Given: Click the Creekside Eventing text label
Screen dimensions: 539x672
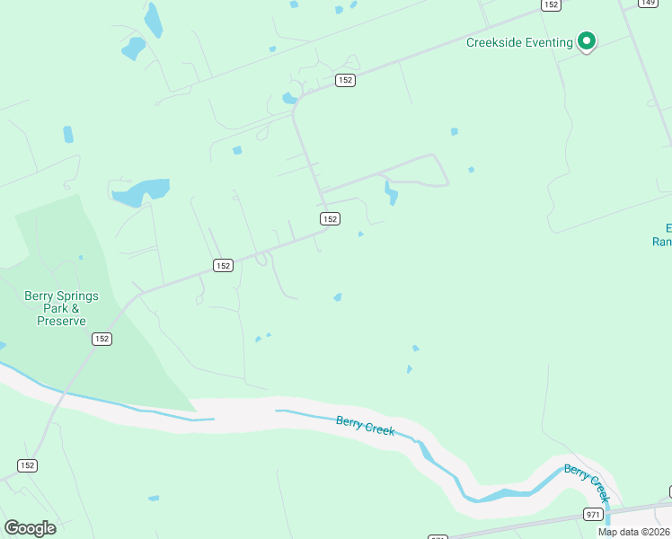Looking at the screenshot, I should [x=519, y=42].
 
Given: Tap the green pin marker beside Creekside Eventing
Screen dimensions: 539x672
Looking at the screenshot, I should [x=587, y=41].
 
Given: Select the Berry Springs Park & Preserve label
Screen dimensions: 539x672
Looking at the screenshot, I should [x=61, y=308].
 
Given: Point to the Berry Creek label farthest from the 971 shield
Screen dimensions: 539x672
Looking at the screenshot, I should [x=366, y=425].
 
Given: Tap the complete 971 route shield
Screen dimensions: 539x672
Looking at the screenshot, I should [x=592, y=514].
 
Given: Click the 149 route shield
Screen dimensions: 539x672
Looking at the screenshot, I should [x=647, y=4].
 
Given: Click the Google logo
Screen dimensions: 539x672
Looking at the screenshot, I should [x=30, y=527].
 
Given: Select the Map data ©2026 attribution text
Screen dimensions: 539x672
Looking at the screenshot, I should [x=634, y=532].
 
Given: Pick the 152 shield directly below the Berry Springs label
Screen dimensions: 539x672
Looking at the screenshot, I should [x=102, y=339].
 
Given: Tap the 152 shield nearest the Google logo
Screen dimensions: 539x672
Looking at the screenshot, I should [x=28, y=465].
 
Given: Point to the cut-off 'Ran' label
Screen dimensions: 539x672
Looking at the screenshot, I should [x=662, y=241].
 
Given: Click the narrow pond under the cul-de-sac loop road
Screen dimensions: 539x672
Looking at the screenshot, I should [x=391, y=192].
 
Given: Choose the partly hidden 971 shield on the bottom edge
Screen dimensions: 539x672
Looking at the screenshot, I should [x=437, y=537].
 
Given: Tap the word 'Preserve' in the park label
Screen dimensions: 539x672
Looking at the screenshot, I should [x=61, y=321].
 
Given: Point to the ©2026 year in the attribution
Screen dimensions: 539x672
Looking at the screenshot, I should [x=655, y=532].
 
